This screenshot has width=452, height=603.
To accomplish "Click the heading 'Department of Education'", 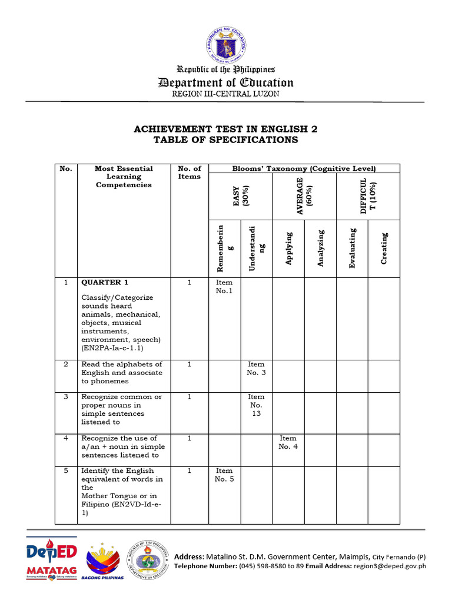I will tap(226, 82).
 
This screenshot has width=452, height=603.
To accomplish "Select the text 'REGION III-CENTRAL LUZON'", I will tap(225, 94).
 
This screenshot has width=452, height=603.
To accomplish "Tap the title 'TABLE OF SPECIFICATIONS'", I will tap(226, 140).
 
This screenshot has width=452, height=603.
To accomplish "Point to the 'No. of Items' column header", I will tap(190, 173).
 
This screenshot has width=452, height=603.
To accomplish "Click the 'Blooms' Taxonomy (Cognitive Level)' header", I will tap(304, 168).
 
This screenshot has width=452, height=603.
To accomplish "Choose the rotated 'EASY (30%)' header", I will tap(240, 196).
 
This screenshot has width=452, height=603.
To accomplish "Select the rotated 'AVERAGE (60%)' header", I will tap(304, 196).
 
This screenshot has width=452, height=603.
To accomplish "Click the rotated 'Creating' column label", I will tap(384, 248).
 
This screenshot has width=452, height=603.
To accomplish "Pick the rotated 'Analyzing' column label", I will tap(321, 248).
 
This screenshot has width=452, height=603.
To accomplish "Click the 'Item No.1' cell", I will tap(224, 287).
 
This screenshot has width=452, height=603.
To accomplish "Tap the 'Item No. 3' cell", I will tap(256, 369).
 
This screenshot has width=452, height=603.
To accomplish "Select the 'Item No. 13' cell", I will tap(256, 405).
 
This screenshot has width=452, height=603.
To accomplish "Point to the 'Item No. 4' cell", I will tap(288, 442).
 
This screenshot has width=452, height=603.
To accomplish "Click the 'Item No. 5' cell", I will tap(224, 475).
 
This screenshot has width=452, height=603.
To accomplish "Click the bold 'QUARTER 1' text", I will tap(105, 283).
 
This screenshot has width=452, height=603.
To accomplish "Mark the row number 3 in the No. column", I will tap(66, 397).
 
